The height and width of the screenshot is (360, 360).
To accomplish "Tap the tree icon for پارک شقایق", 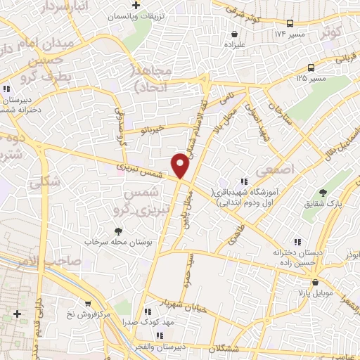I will [323, 193].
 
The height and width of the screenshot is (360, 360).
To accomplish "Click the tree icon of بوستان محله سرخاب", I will [118, 230].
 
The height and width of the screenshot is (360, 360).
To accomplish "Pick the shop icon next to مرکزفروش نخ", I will [88, 303].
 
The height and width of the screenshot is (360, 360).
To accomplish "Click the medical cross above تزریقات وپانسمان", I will [146, 6].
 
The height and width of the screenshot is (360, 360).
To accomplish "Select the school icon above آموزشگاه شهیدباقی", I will [244, 182].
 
